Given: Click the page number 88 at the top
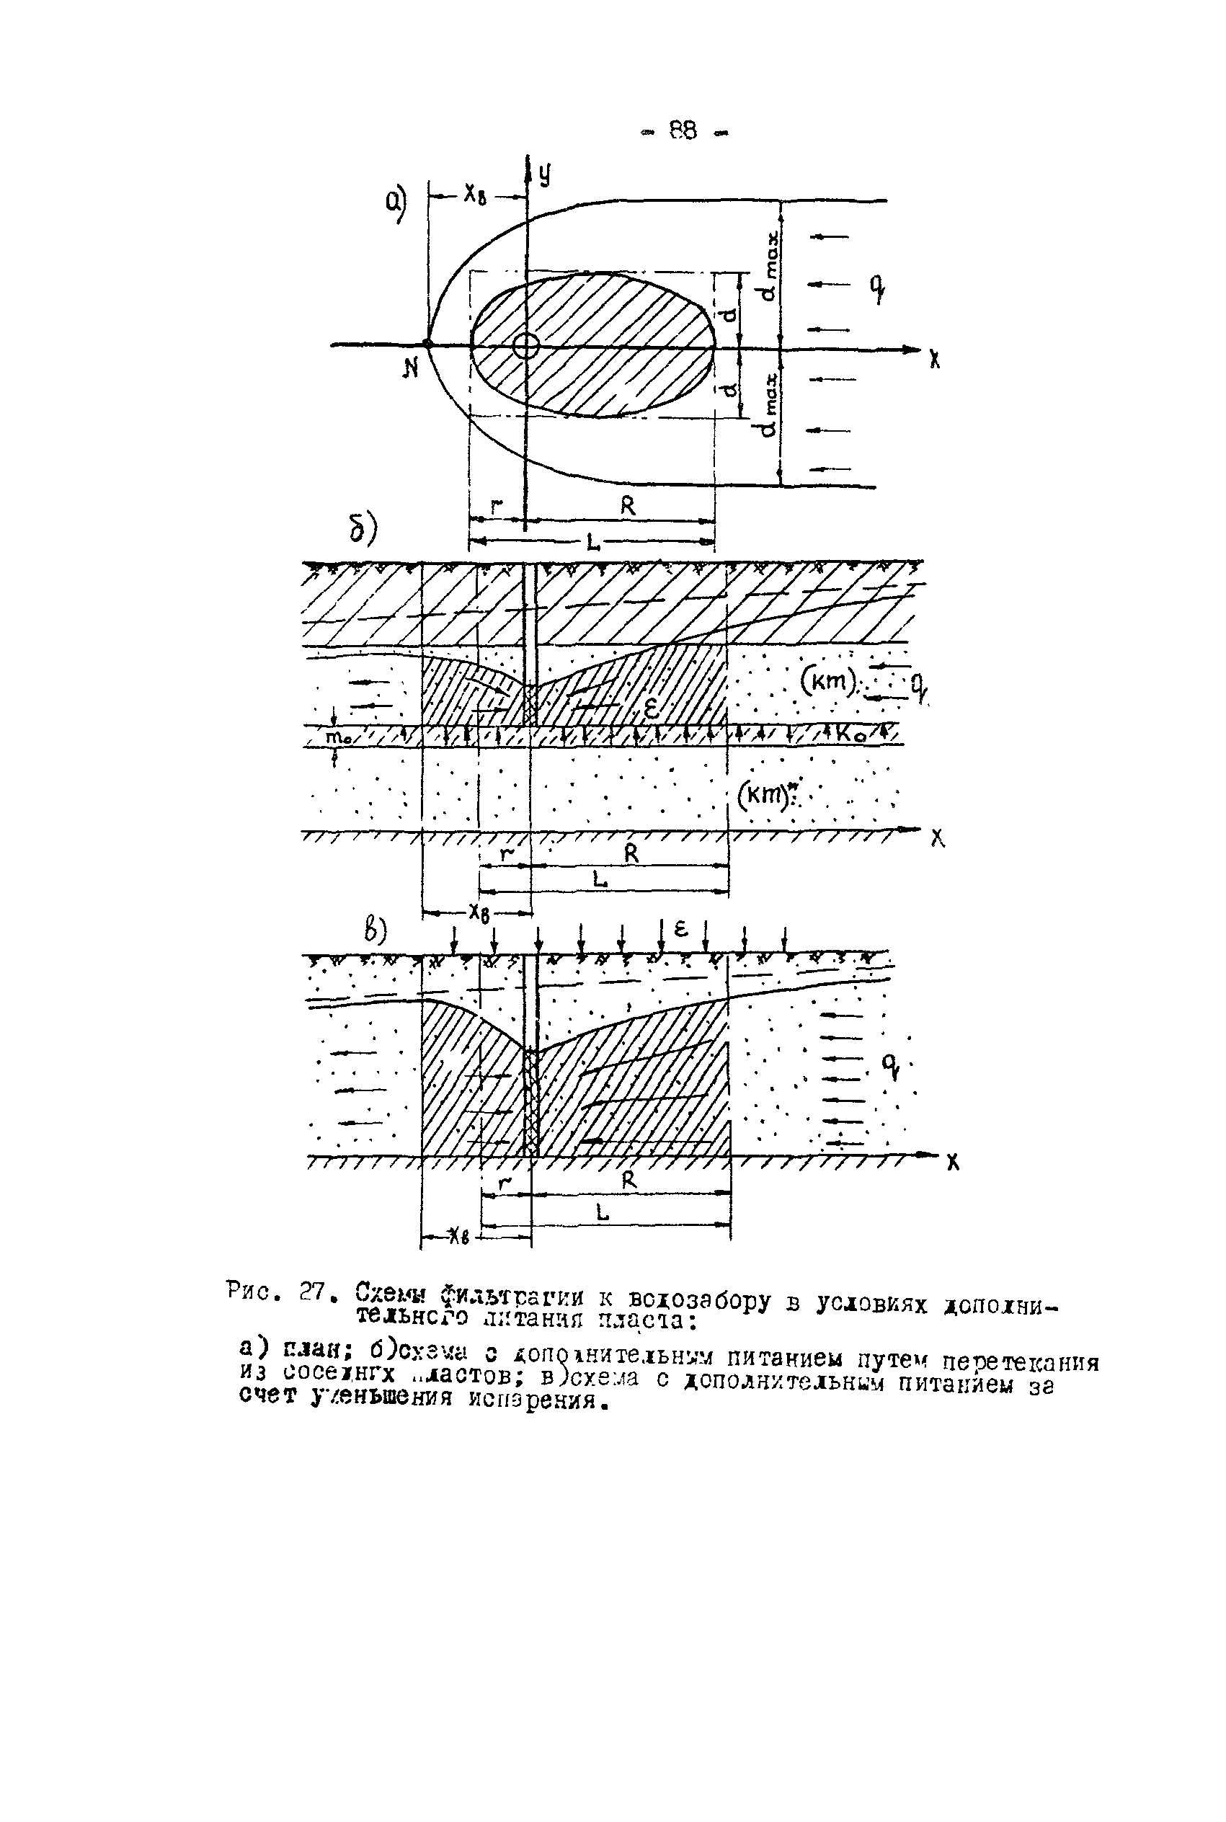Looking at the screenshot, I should [x=683, y=130].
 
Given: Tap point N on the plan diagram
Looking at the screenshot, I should [x=427, y=343].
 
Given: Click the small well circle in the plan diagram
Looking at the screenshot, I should [x=526, y=345].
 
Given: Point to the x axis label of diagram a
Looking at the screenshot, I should [x=934, y=360].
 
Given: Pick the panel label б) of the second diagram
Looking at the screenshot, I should [x=363, y=529].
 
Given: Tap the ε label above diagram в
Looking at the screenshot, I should [x=680, y=928].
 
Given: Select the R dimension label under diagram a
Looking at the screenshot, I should [x=628, y=507].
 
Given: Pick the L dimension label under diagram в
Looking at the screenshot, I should [x=602, y=1212].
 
